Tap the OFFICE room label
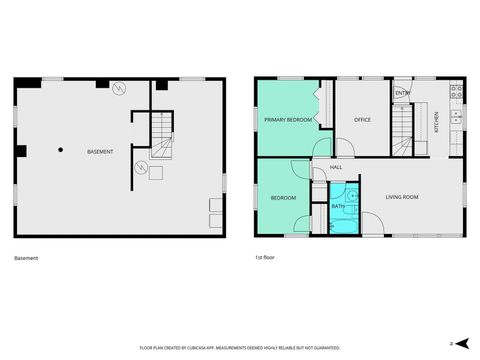tap(363, 120)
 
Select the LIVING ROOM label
tap(402, 197)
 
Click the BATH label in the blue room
tap(337, 206)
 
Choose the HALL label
tap(336, 167)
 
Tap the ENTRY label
tap(402, 94)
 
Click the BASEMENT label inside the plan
tap(99, 151)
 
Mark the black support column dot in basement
tap(61, 150)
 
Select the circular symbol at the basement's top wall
tap(119, 88)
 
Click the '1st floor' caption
tap(266, 259)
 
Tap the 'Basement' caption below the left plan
tap(27, 259)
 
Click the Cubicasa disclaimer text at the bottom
tap(240, 348)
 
